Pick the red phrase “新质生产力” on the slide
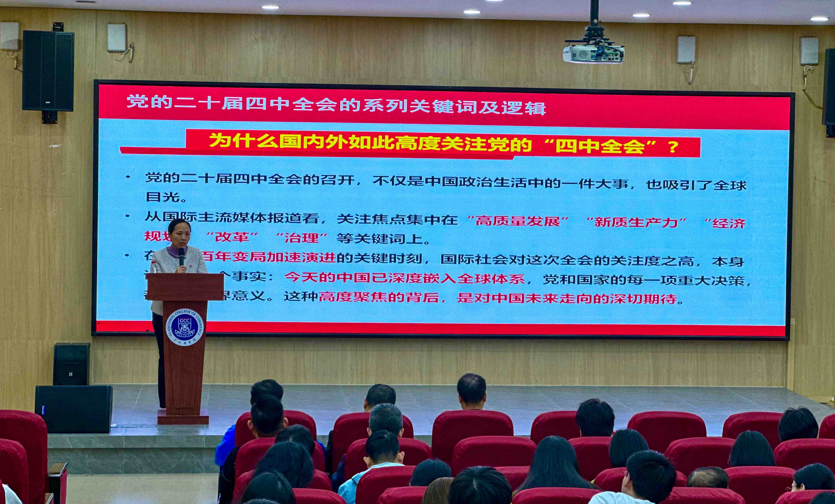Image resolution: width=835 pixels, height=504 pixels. pyautogui.click(x=635, y=222)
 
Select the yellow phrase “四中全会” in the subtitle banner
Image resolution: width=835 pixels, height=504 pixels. pyautogui.click(x=600, y=146)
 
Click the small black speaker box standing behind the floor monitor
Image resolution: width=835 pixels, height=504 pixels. pyautogui.click(x=71, y=364)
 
